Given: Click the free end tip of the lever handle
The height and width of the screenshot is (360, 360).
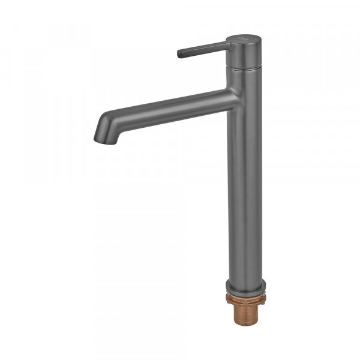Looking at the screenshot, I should click(180, 54).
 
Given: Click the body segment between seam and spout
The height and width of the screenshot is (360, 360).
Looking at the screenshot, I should click(244, 80).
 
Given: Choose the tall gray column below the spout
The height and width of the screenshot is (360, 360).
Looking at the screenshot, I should click(244, 192).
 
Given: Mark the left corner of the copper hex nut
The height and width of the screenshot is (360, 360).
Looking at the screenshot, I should click(227, 298).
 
